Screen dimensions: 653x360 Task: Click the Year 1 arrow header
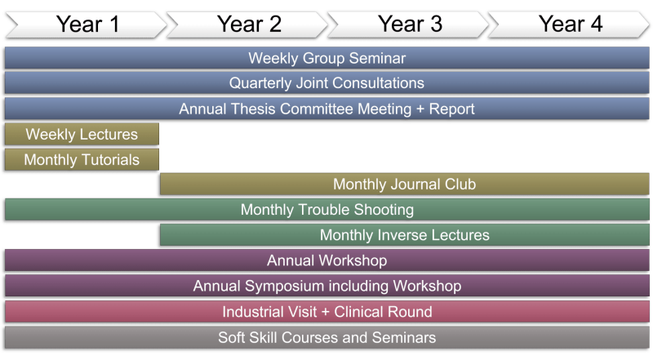[87, 24]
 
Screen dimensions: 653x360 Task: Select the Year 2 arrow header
[247, 24]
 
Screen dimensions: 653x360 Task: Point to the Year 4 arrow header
[569, 24]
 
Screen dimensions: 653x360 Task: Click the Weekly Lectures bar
[82, 134]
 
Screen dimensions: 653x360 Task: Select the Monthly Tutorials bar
[82, 159]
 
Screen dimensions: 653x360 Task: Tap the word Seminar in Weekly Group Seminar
[377, 58]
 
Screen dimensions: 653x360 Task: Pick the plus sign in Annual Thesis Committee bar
[420, 109]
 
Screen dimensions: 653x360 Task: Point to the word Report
[452, 109]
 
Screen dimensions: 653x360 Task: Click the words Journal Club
[433, 184]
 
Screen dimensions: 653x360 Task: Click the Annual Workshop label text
[327, 260]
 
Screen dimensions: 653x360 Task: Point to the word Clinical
[359, 312]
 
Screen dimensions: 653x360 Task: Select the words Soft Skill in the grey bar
[248, 337]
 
